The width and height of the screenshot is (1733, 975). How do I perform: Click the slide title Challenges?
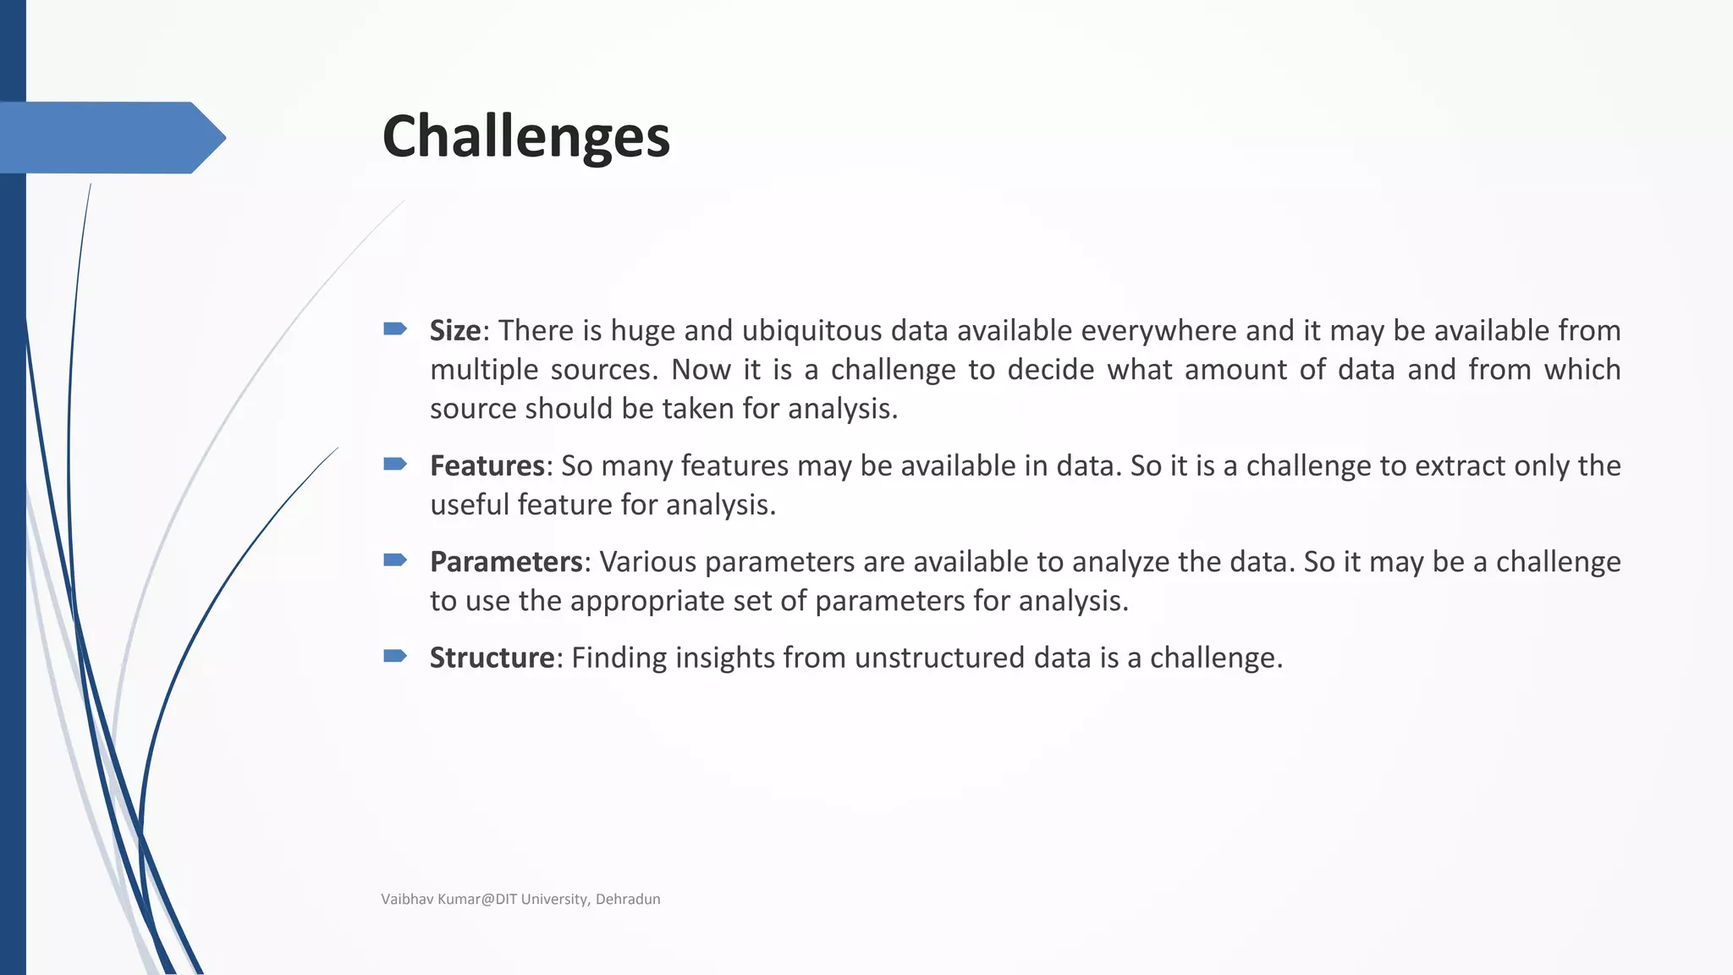point(525,137)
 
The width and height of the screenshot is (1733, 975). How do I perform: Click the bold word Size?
point(455,330)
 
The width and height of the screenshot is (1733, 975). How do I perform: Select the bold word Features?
point(487,465)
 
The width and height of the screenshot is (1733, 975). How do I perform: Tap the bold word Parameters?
point(506,562)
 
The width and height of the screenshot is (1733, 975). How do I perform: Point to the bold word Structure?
point(492,658)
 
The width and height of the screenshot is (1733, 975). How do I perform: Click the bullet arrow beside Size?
point(395,328)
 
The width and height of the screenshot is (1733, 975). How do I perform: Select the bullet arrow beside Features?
point(395,464)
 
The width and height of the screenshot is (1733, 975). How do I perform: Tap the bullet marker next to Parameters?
point(395,559)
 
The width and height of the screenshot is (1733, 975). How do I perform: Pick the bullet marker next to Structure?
point(395,656)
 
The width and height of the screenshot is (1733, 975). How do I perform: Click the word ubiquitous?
point(811,330)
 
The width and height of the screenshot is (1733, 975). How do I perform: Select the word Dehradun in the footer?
point(628,899)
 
